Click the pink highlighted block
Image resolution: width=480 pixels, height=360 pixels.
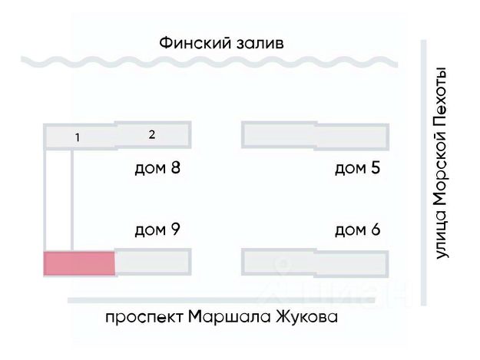coord(79,263)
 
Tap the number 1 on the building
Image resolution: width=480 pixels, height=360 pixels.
coord(77,137)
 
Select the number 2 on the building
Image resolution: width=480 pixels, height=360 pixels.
coord(152,134)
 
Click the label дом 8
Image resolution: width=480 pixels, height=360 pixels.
coord(157,168)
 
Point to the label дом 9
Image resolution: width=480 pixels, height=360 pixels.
coord(157,229)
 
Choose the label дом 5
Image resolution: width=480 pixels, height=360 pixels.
coord(357,168)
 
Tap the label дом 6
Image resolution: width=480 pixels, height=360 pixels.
coord(357,229)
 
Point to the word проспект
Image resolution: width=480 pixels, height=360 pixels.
coord(143,317)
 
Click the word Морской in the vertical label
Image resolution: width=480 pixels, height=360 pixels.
coord(441,170)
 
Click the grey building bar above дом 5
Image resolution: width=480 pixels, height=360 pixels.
coord(314,135)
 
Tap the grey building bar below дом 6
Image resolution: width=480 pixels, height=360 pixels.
coord(314,262)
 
